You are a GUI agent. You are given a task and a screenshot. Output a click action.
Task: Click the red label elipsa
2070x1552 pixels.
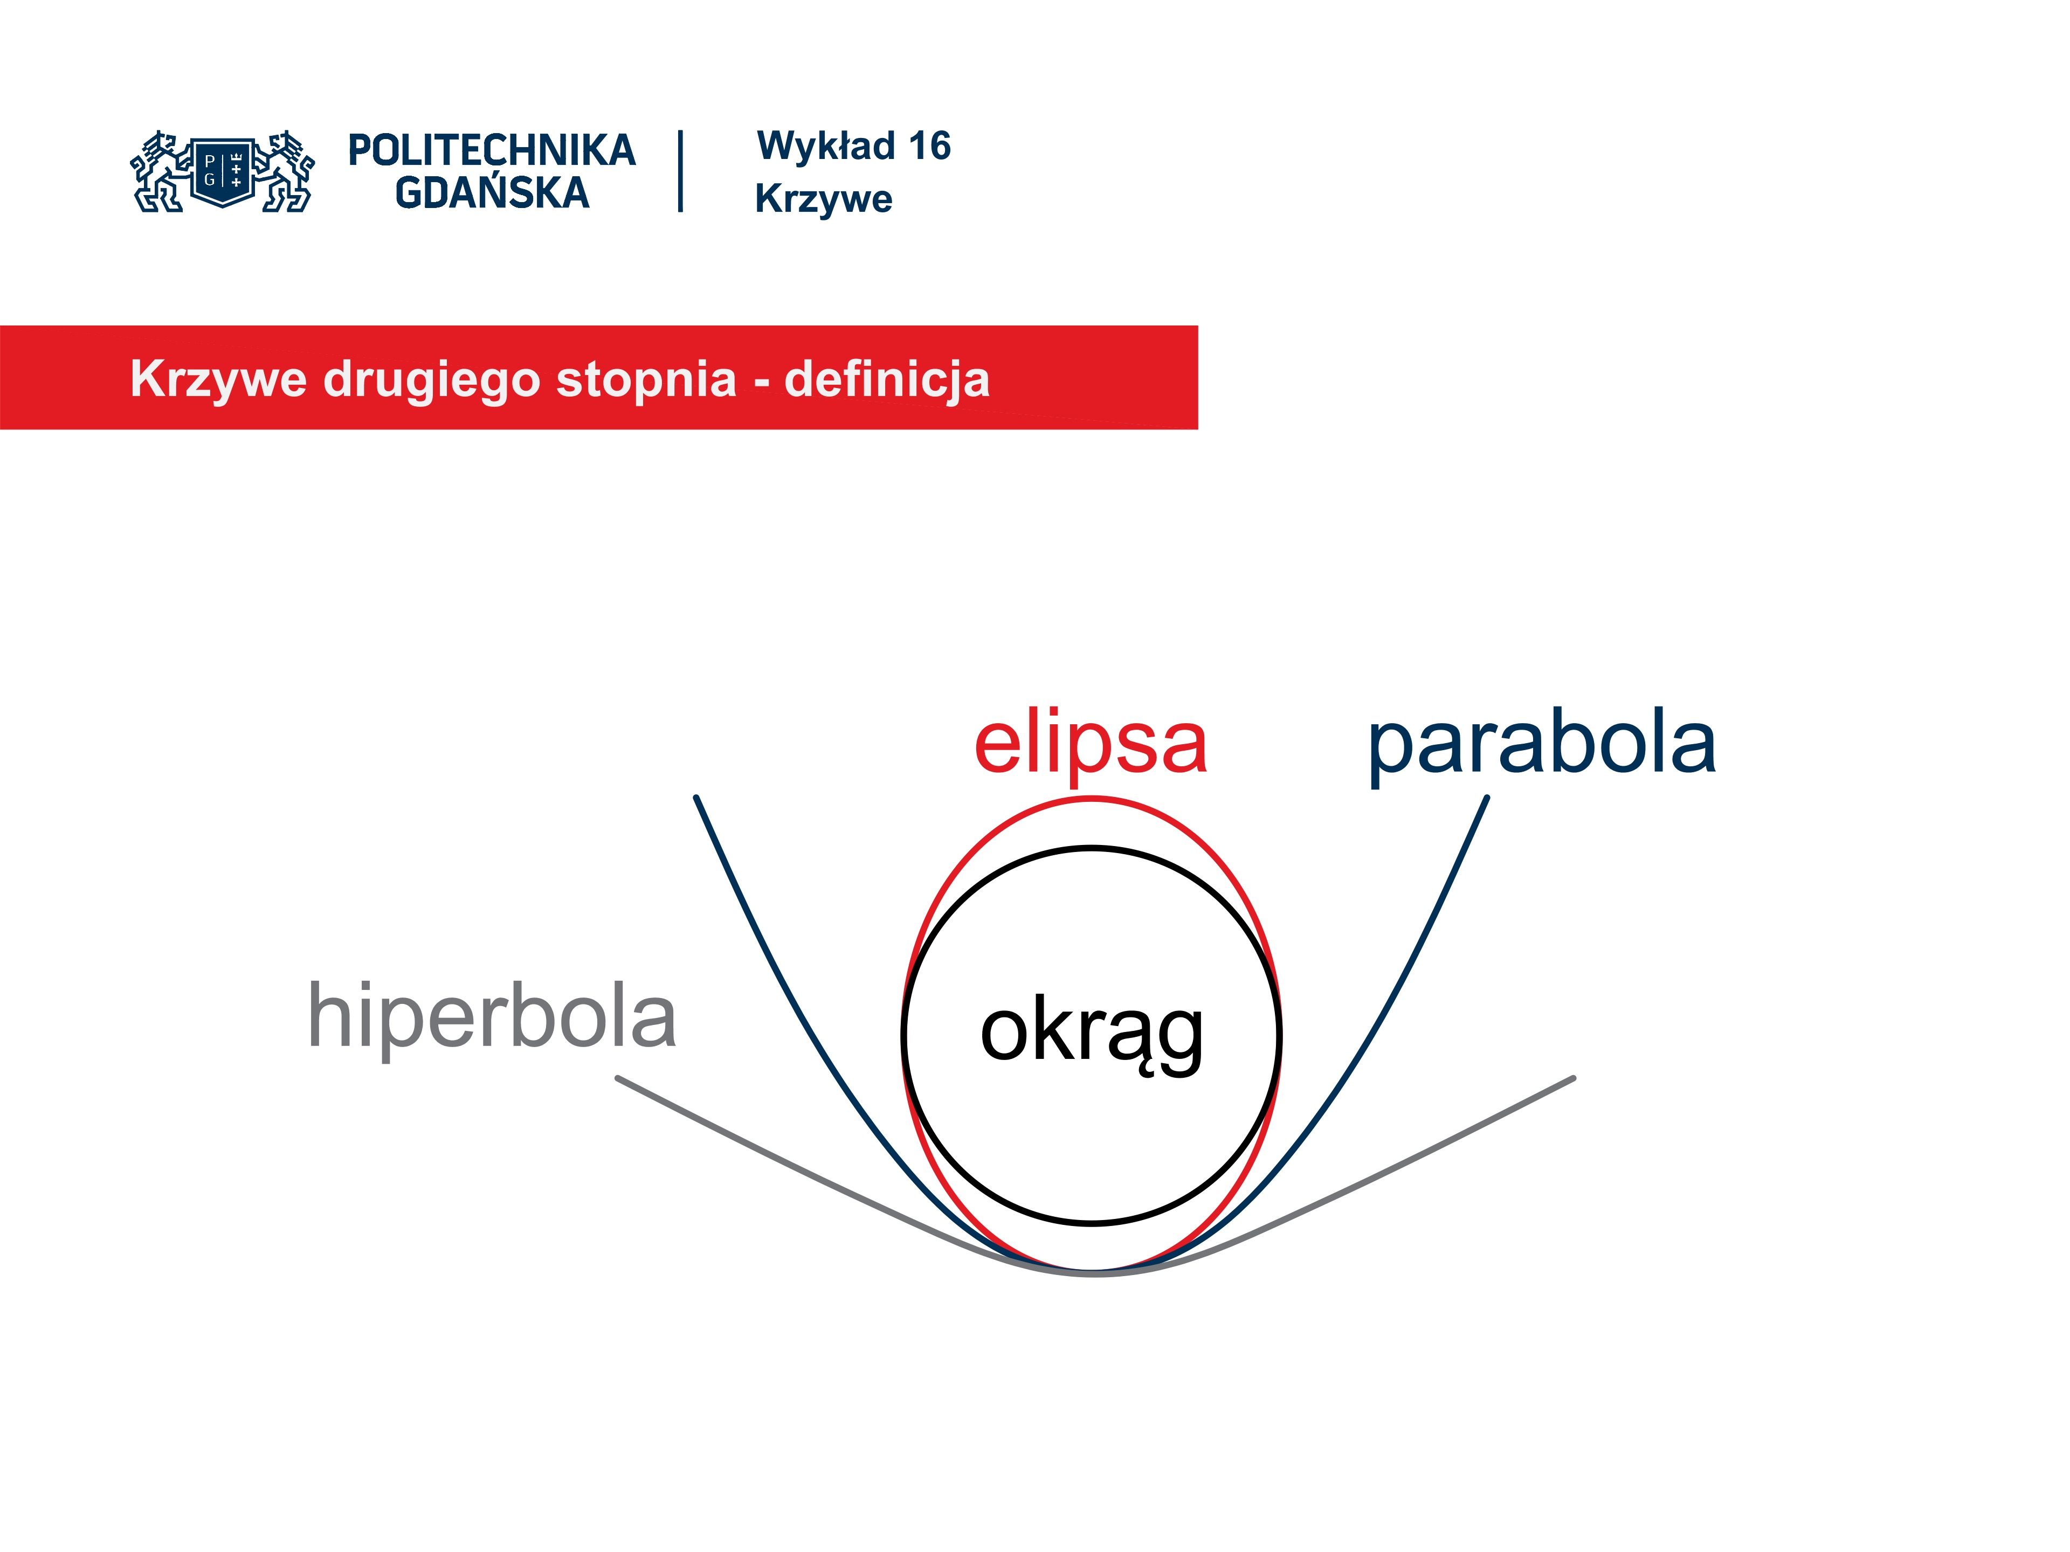coord(1091,746)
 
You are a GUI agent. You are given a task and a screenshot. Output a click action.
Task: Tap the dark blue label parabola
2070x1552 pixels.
coord(1542,746)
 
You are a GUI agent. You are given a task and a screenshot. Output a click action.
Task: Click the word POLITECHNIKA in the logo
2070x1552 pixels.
coord(492,150)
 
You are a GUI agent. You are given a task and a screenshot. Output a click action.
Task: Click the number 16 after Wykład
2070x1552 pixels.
coord(929,146)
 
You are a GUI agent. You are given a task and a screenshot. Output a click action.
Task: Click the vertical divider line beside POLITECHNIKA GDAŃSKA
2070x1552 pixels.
coord(680,171)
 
